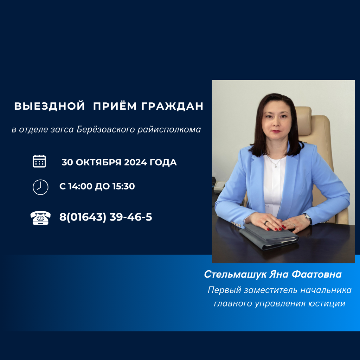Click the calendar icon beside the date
tap(39, 161)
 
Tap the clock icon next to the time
tap(40, 186)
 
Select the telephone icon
tap(40, 218)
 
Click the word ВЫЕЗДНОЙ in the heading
tap(50, 106)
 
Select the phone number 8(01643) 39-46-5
tap(106, 217)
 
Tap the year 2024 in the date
tap(136, 162)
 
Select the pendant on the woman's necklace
tap(275, 165)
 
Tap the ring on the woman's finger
tap(266, 223)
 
